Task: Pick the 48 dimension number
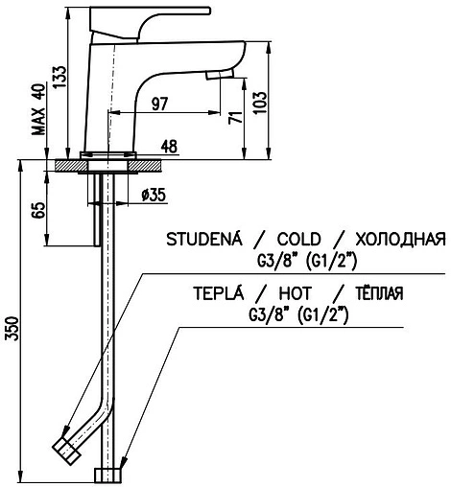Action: click(x=168, y=147)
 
